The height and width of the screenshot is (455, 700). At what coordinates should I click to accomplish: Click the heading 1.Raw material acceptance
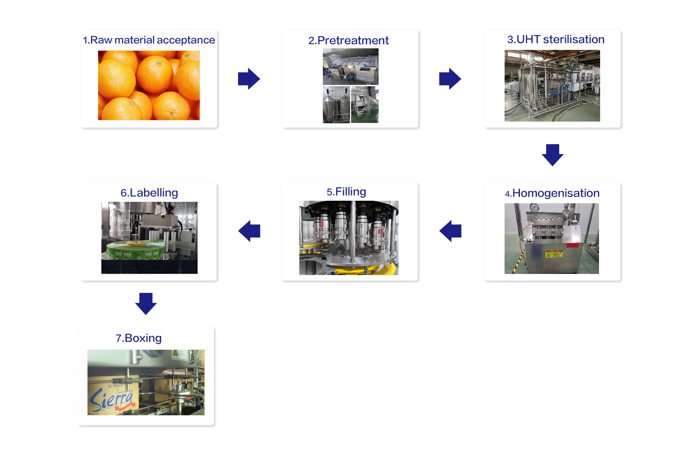[x=149, y=40]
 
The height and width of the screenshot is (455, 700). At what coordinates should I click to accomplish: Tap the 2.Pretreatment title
[x=349, y=40]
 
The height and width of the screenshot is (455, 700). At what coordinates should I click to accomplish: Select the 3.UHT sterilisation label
[x=556, y=39]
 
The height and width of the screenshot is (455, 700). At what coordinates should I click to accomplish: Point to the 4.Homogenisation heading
[x=552, y=193]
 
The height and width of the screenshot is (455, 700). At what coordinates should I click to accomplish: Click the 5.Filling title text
[x=346, y=192]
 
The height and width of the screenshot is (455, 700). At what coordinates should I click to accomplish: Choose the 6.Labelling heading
[x=149, y=193]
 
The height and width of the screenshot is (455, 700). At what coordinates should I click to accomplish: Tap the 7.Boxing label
[x=139, y=338]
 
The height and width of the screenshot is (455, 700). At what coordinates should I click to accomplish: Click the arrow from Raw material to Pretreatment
[x=249, y=79]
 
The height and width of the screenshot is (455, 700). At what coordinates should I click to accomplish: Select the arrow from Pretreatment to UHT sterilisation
[x=450, y=79]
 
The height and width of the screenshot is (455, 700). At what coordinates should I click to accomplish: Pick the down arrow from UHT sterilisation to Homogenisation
[x=553, y=155]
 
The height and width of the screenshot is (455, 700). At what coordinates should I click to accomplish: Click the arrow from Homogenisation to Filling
[x=450, y=231]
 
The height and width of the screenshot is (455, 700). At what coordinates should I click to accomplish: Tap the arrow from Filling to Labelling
[x=249, y=231]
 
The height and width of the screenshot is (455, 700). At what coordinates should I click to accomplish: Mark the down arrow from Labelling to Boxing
[x=146, y=304]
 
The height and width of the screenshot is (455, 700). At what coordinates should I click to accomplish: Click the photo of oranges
[x=149, y=85]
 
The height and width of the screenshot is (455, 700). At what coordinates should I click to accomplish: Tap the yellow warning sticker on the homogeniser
[x=554, y=254]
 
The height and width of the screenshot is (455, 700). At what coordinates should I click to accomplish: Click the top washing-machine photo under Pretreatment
[x=351, y=67]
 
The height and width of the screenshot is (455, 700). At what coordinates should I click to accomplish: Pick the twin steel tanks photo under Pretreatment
[x=337, y=105]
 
